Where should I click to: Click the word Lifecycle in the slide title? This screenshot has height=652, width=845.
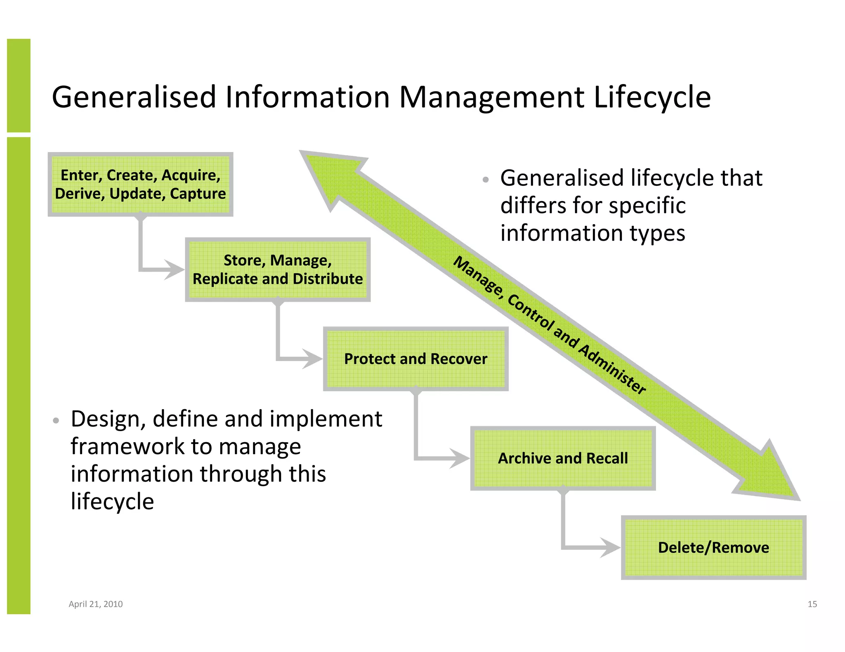click(652, 98)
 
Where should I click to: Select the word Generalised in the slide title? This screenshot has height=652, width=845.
click(134, 98)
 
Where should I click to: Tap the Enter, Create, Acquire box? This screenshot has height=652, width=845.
click(140, 184)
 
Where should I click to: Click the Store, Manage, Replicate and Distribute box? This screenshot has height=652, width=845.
click(278, 270)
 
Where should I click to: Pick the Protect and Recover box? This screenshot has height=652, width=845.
click(415, 359)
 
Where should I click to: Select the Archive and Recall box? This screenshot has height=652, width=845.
click(563, 458)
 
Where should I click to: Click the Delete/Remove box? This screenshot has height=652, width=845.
click(713, 547)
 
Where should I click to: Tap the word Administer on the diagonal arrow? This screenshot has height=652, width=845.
click(613, 368)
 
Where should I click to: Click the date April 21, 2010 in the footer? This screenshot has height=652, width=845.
click(96, 604)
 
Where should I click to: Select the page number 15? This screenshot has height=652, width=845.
click(812, 604)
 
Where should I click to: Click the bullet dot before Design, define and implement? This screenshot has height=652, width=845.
click(57, 421)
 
